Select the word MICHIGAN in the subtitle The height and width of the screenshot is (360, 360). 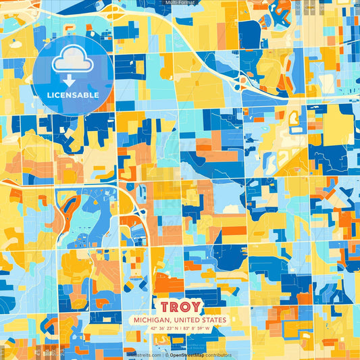click(x=153, y=319)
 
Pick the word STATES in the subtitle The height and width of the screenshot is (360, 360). click(x=213, y=319)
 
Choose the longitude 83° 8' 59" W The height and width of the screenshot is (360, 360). click(x=198, y=328)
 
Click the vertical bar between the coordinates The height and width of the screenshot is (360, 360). click(x=180, y=328)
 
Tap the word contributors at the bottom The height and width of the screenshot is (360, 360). click(x=219, y=355)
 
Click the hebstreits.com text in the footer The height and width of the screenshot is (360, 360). click(x=143, y=355)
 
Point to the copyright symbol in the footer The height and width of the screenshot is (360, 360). click(x=165, y=355)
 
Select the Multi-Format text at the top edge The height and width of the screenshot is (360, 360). click(x=180, y=3)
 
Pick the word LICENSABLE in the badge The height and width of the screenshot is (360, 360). click(x=73, y=95)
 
